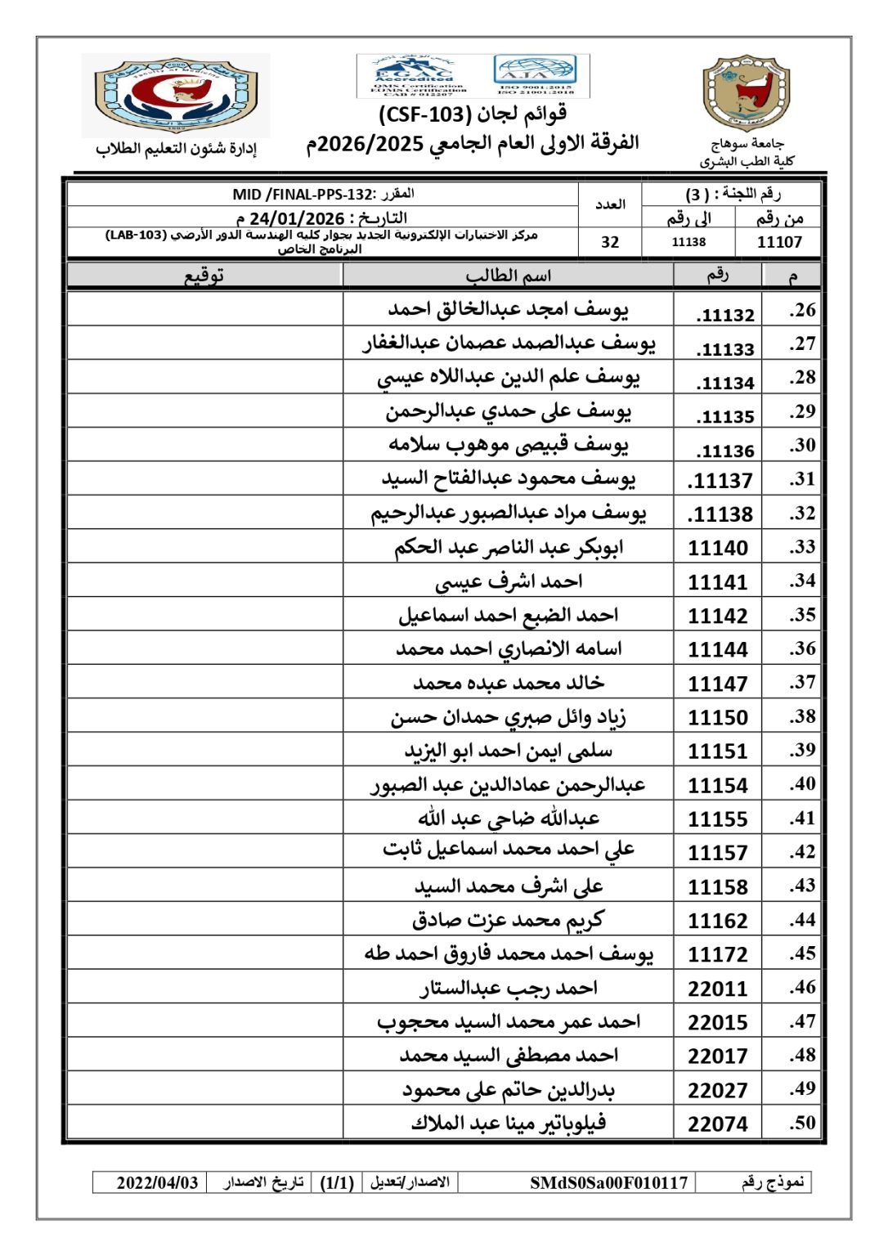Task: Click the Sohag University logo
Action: (746, 94)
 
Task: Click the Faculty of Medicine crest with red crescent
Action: (176, 96)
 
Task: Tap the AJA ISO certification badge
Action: (536, 76)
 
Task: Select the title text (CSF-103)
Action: (473, 114)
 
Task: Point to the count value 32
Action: (610, 242)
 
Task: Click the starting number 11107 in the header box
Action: (779, 242)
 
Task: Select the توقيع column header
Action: (204, 276)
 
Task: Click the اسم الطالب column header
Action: (509, 276)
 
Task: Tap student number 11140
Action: (718, 548)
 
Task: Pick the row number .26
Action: (802, 311)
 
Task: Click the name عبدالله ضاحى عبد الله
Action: (509, 819)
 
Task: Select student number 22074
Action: (718, 1124)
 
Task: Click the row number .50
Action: (802, 1124)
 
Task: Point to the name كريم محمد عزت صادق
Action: (509, 921)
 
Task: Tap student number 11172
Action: (718, 954)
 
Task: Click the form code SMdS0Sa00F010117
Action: (608, 1182)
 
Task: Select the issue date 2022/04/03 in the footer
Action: (158, 1182)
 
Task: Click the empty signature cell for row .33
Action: (204, 547)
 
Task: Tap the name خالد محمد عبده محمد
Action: (509, 683)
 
